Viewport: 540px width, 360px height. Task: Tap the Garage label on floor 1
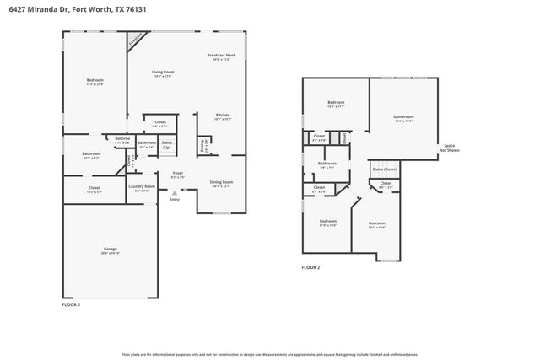pyautogui.click(x=111, y=250)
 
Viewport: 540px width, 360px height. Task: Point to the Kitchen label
pyautogui.click(x=223, y=117)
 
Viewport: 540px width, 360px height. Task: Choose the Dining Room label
pyautogui.click(x=221, y=184)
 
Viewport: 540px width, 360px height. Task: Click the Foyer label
pyautogui.click(x=178, y=175)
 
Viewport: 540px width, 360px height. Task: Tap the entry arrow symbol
pyautogui.click(x=175, y=193)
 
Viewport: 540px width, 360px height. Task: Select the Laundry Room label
pyautogui.click(x=142, y=188)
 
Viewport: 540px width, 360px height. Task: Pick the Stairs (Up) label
pyautogui.click(x=167, y=144)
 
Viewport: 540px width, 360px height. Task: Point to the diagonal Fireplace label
pyautogui.click(x=135, y=40)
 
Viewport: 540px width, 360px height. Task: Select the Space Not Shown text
pyautogui.click(x=449, y=148)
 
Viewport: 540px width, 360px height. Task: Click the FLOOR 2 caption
pyautogui.click(x=310, y=267)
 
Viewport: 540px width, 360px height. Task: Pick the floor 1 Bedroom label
pyautogui.click(x=94, y=82)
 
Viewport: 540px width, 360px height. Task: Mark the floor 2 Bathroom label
pyautogui.click(x=327, y=164)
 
